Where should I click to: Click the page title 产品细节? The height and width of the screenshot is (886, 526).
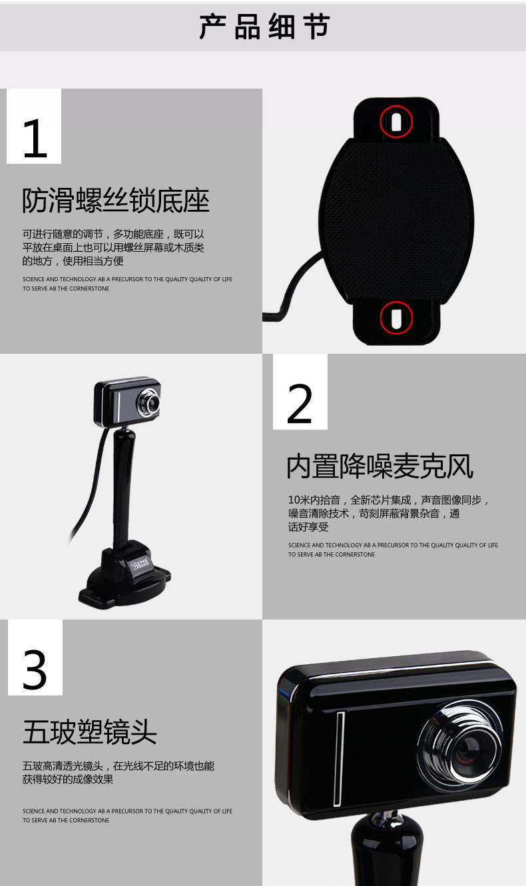pos(264,27)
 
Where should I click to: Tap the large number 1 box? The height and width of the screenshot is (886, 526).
pos(34,126)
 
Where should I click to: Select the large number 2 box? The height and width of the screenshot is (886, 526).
pos(300,392)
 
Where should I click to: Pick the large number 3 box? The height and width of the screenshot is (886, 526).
pos(35,658)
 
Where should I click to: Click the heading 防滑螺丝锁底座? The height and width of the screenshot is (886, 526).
pos(115,201)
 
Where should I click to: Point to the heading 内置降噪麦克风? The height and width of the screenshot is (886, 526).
pos(380,466)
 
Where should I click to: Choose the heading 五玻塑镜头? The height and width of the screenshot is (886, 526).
pos(90,732)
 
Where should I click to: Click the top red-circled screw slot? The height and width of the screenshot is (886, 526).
pos(396,122)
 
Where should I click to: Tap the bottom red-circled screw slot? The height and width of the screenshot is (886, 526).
pos(396,318)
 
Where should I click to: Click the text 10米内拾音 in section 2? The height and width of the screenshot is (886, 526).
pos(314,500)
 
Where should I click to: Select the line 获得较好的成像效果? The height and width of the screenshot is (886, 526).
pos(67,779)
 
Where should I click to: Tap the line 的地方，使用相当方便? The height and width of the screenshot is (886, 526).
pos(73,261)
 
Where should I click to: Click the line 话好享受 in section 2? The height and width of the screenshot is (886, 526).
pos(308,527)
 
